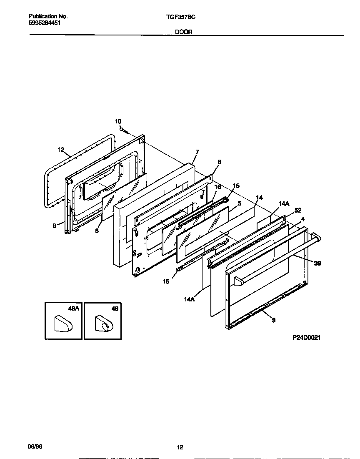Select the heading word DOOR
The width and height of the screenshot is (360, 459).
184,32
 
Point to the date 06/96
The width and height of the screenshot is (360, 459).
35,446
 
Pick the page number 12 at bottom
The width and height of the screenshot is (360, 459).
180,448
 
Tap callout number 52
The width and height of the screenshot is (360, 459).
297,211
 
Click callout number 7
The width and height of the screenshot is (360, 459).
197,152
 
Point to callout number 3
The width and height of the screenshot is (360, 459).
273,320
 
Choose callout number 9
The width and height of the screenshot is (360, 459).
55,226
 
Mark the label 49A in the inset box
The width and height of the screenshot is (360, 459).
73,309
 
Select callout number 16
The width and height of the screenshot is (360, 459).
217,188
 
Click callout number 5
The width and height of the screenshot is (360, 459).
240,203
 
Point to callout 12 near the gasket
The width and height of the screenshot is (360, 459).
61,150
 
